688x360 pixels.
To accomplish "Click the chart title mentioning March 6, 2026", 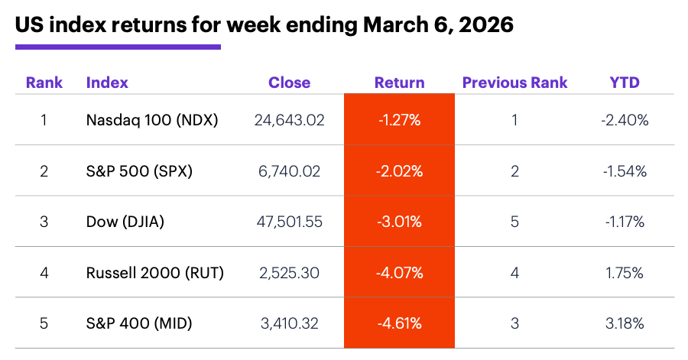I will pyautogui.click(x=264, y=24).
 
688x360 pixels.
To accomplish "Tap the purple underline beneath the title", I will pyautogui.click(x=118, y=47).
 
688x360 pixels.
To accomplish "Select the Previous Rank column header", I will pyautogui.click(x=514, y=83).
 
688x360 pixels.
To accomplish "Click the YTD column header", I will pyautogui.click(x=625, y=83).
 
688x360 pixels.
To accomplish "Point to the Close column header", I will pyautogui.click(x=289, y=83).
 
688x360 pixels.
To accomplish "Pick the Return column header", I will pyautogui.click(x=399, y=83).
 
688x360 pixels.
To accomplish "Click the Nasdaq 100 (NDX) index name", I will pyautogui.click(x=152, y=120).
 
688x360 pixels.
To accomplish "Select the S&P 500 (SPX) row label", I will pyautogui.click(x=139, y=171).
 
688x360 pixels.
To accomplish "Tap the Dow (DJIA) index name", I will pyautogui.click(x=125, y=222).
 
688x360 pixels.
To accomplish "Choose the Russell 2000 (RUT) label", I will pyautogui.click(x=155, y=273).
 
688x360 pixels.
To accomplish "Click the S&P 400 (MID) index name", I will pyautogui.click(x=139, y=323).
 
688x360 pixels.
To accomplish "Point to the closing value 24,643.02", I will pyautogui.click(x=288, y=120).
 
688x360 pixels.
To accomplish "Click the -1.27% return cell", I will pyautogui.click(x=399, y=120).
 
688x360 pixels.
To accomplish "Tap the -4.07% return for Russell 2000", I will pyautogui.click(x=399, y=273).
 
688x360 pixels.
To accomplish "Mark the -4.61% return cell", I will pyautogui.click(x=399, y=323).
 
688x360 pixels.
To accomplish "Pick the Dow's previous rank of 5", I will pyautogui.click(x=514, y=222).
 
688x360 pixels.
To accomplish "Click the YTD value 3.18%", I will pyautogui.click(x=625, y=323).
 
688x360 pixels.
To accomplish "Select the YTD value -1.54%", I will pyautogui.click(x=625, y=171).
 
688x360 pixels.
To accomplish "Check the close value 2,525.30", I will pyautogui.click(x=288, y=273).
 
